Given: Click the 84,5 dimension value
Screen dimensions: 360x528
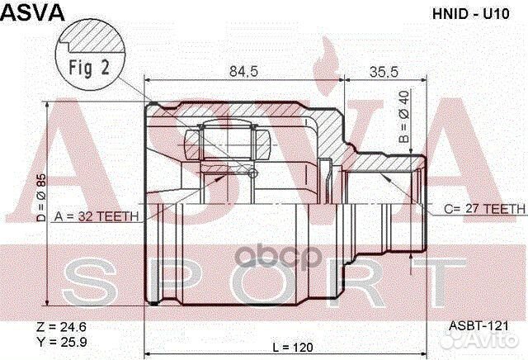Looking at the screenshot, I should (244, 71).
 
